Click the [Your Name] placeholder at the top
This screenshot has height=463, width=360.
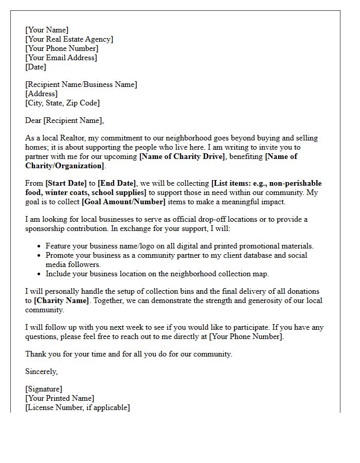(x=47, y=30)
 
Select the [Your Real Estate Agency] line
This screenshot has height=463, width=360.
(x=69, y=39)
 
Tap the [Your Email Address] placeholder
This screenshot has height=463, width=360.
(x=61, y=58)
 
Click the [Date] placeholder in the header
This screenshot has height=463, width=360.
(x=35, y=67)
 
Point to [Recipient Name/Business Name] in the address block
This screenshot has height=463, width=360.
(x=81, y=84)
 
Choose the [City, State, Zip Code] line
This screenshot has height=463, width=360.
(x=62, y=103)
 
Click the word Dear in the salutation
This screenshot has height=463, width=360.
(x=33, y=121)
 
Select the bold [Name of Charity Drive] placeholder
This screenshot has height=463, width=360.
(x=182, y=157)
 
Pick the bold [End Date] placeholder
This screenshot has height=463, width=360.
(x=117, y=184)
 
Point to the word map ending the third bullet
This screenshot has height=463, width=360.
(x=261, y=274)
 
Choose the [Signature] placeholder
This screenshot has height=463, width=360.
(x=44, y=389)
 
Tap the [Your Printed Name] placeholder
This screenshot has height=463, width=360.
(x=60, y=399)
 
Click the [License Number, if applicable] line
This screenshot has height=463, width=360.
(x=78, y=408)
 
